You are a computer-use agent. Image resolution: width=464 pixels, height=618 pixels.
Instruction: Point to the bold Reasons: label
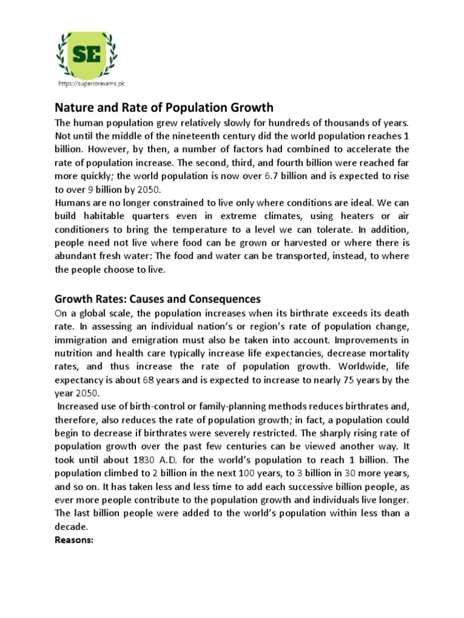[x=74, y=540]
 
